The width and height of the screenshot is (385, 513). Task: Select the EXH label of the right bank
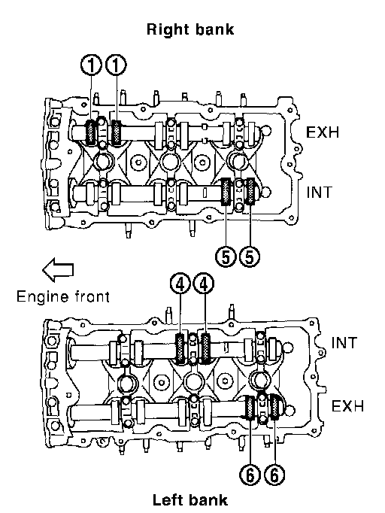coord(323,132)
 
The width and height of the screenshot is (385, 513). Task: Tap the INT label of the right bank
coord(320,192)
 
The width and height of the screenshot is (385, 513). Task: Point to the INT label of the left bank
coord(344,343)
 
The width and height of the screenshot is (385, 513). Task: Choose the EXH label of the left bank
coord(347,406)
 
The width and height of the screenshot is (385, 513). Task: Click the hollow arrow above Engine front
coord(58,269)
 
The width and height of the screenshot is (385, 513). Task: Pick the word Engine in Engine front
coord(43,297)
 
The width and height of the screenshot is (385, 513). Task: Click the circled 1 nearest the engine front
coord(92,65)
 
